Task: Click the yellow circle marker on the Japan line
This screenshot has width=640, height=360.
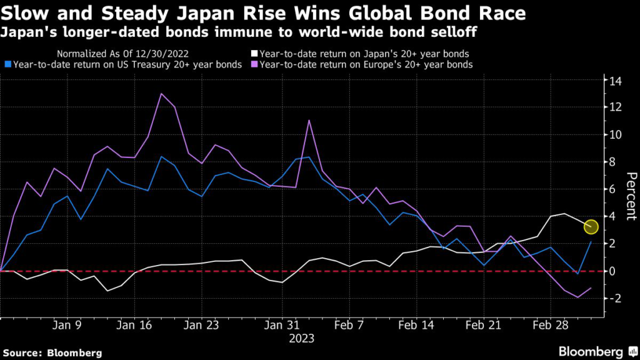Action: pos(591,227)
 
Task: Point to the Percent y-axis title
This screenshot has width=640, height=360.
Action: pos(631,196)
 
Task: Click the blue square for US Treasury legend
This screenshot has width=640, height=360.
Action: pos(6,64)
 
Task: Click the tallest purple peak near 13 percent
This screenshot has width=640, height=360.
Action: pos(161,94)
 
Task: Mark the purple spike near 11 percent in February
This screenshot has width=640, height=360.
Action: pos(309,120)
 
